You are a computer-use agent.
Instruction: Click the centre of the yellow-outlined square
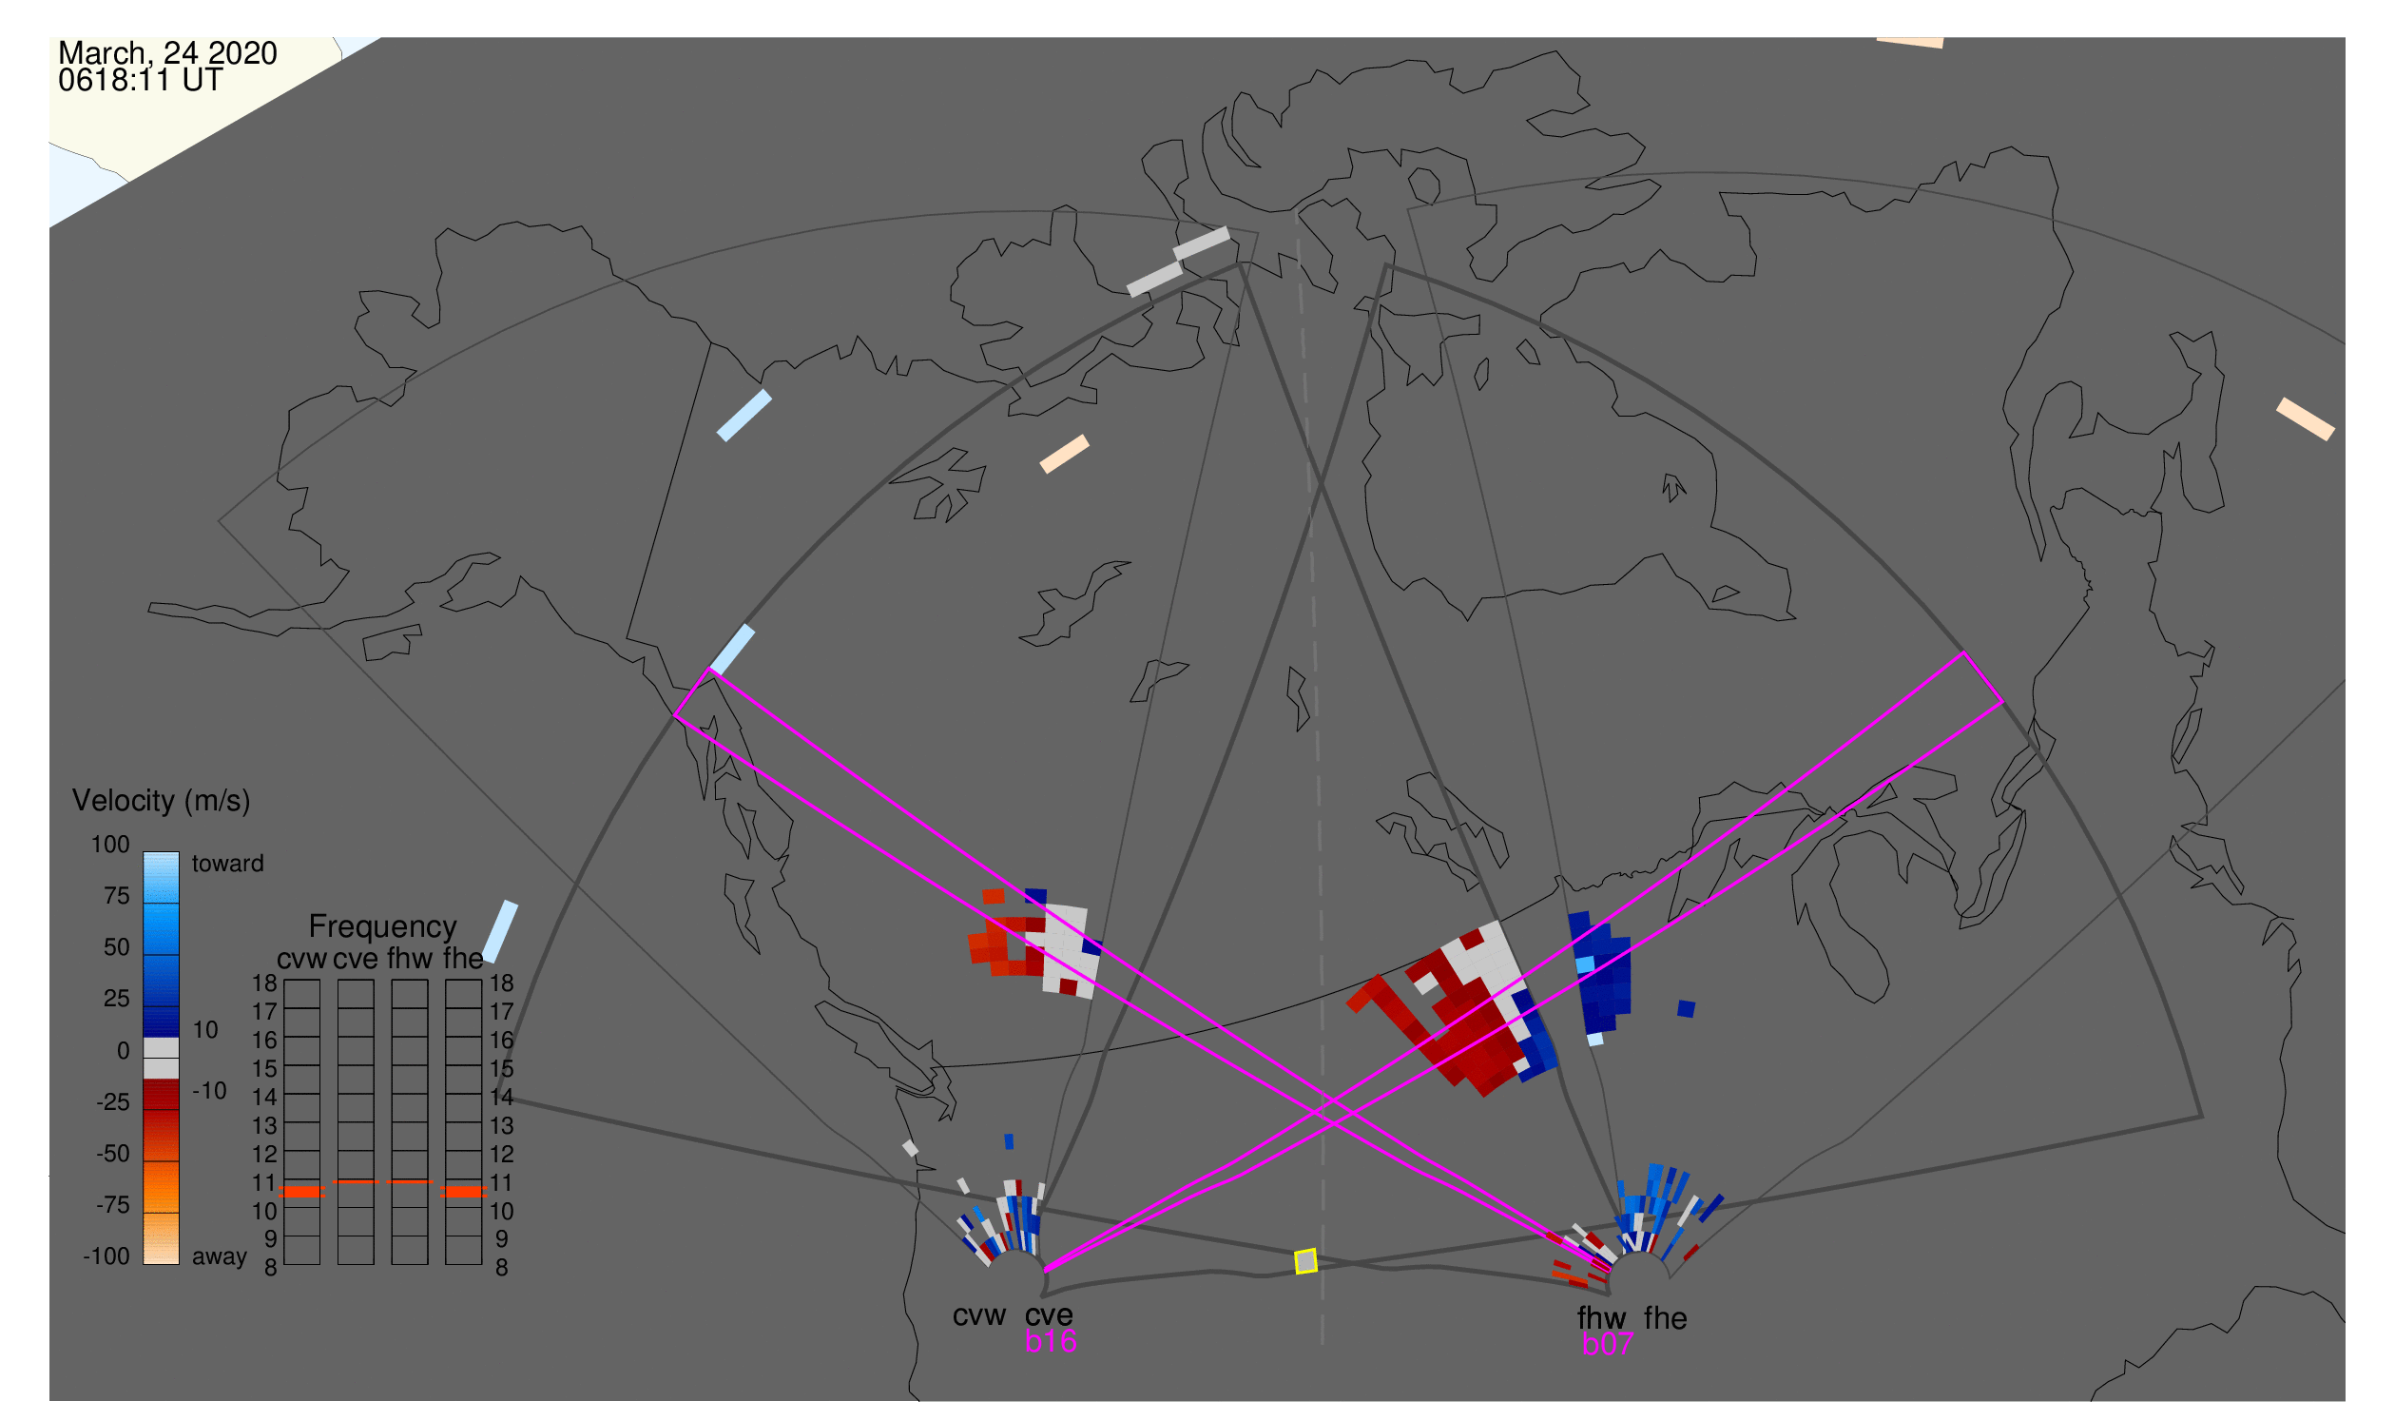(x=1305, y=1262)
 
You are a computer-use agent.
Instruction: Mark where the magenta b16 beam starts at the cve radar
(x=1044, y=1272)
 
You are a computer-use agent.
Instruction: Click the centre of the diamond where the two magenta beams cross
(x=1336, y=1113)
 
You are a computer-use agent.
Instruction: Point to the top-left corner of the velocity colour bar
(x=144, y=852)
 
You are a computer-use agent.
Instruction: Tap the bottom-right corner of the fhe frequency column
(x=481, y=1265)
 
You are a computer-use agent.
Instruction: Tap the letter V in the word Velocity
(x=81, y=801)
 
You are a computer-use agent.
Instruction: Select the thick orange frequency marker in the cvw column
(x=301, y=1192)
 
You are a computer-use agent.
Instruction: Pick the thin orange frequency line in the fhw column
(x=410, y=1181)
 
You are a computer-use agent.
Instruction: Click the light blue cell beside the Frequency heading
(x=500, y=932)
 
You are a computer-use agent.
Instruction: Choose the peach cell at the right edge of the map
(x=2305, y=419)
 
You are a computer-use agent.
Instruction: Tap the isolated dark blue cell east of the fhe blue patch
(x=1687, y=1008)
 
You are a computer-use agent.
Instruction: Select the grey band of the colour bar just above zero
(x=161, y=1047)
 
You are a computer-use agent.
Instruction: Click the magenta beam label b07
(x=1607, y=1344)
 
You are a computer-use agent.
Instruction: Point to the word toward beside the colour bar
(x=228, y=864)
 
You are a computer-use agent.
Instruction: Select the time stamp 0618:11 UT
(x=140, y=81)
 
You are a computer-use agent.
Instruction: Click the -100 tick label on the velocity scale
(x=106, y=1256)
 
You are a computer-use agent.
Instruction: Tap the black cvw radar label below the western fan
(x=978, y=1316)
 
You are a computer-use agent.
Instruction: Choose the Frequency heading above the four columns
(x=383, y=927)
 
